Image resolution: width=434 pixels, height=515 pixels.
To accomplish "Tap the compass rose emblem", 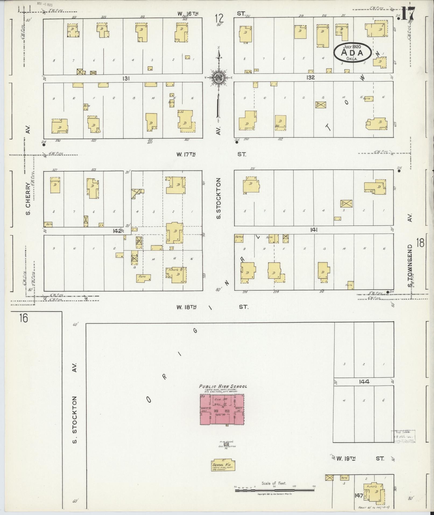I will (218, 78).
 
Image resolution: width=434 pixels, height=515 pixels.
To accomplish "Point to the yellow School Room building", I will (223, 465).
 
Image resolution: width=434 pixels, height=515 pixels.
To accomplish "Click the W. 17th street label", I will (186, 154).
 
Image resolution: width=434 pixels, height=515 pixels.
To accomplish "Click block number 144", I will (364, 382).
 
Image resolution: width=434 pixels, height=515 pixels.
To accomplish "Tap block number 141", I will (314, 230).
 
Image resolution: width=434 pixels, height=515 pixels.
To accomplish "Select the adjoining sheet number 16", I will (23, 318).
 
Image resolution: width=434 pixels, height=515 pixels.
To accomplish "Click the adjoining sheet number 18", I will (420, 243).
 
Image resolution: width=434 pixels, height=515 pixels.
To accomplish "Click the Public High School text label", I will (223, 386).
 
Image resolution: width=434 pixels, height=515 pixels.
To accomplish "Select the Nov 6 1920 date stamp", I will (45, 5).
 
